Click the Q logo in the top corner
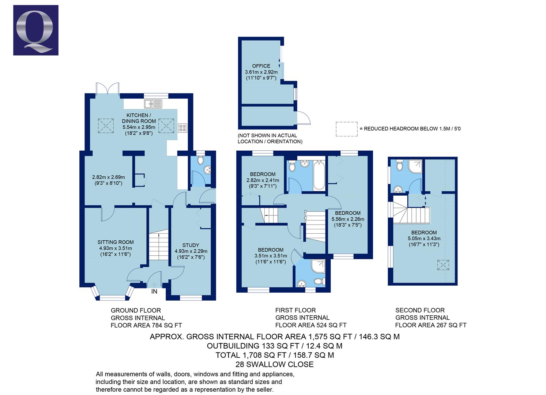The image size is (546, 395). (35, 30)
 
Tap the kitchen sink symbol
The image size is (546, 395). (153, 104)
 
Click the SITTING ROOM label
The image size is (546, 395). (115, 242)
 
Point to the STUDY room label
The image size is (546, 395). (191, 245)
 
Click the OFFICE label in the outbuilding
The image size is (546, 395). (261, 66)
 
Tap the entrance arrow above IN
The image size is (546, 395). (154, 284)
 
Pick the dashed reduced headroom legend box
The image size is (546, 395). (346, 129)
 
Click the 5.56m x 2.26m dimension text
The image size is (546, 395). (347, 219)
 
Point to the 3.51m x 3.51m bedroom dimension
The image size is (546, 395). (271, 256)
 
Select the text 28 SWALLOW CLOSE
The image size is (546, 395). (274, 364)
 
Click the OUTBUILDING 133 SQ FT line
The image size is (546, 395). (274, 346)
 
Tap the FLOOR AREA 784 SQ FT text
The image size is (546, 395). (146, 325)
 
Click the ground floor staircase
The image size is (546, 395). (158, 245)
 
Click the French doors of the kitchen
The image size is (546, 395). (108, 89)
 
